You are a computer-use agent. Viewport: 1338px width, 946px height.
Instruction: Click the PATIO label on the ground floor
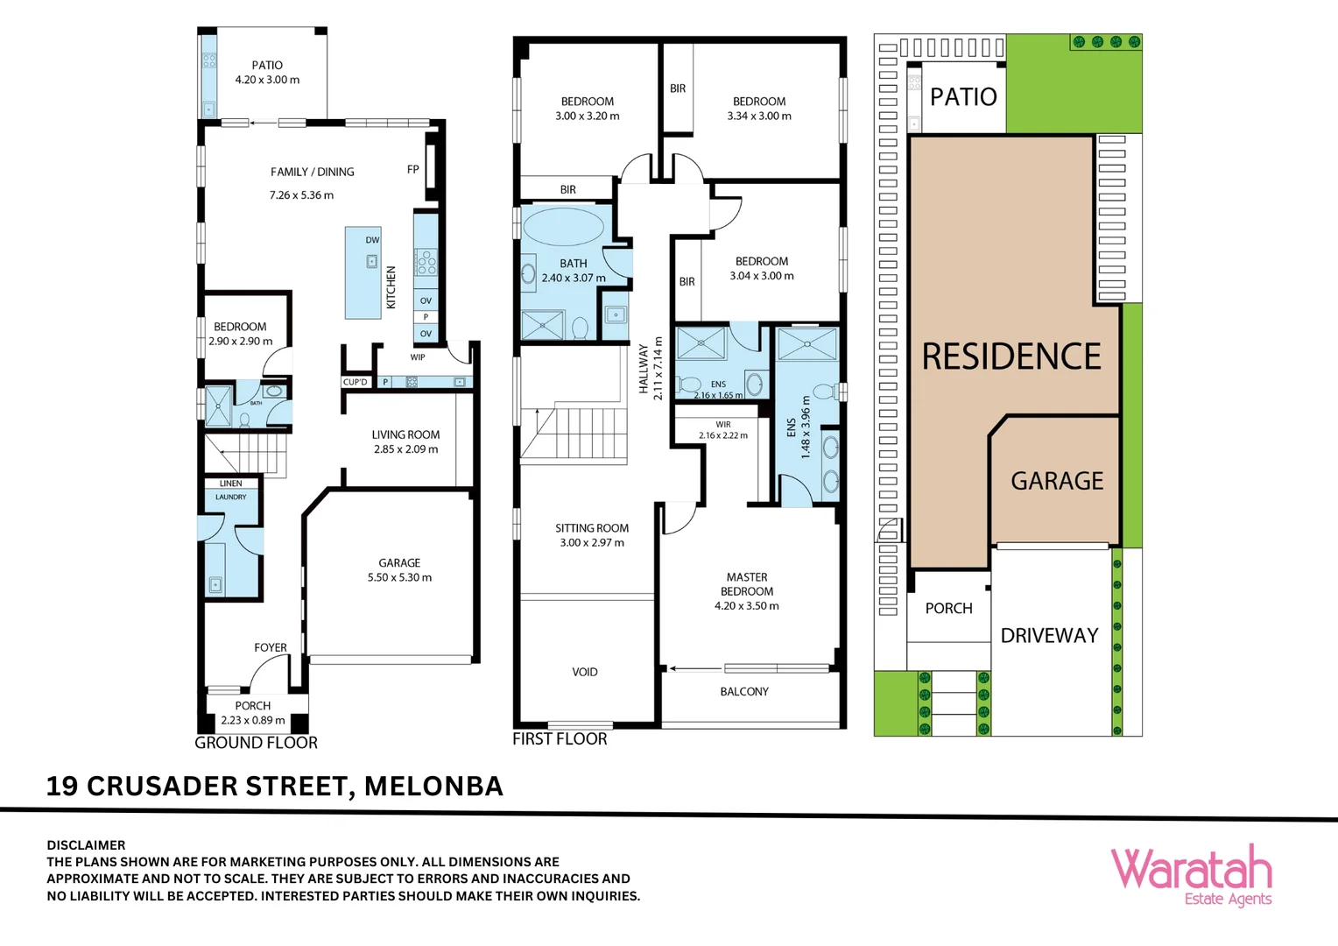[267, 66]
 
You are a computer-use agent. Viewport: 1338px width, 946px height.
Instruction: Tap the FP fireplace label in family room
[412, 170]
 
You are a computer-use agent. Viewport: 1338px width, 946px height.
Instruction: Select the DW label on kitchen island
[372, 240]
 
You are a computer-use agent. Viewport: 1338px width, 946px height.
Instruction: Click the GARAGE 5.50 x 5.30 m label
[399, 570]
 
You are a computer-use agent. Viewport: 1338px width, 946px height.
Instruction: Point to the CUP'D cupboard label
[356, 382]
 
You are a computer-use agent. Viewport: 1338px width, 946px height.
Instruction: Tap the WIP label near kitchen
[418, 357]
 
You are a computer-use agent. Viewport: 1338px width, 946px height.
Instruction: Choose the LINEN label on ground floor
[230, 484]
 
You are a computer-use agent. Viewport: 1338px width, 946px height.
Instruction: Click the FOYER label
[271, 648]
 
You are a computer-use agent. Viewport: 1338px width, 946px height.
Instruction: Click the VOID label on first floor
[585, 673]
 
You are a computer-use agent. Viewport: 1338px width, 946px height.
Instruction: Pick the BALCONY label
[744, 692]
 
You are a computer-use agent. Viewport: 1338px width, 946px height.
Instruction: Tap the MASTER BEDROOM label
[747, 584]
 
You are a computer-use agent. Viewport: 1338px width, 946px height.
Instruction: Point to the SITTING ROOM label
[592, 528]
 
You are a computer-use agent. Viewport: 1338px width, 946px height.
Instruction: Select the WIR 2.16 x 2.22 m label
[723, 430]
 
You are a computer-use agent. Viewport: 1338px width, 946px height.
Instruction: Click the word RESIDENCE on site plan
[1011, 357]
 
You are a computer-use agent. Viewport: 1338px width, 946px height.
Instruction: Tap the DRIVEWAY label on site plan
[1049, 636]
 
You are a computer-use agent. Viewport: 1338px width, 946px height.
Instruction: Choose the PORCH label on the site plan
[948, 609]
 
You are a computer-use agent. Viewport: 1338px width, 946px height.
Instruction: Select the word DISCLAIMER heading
[86, 845]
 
